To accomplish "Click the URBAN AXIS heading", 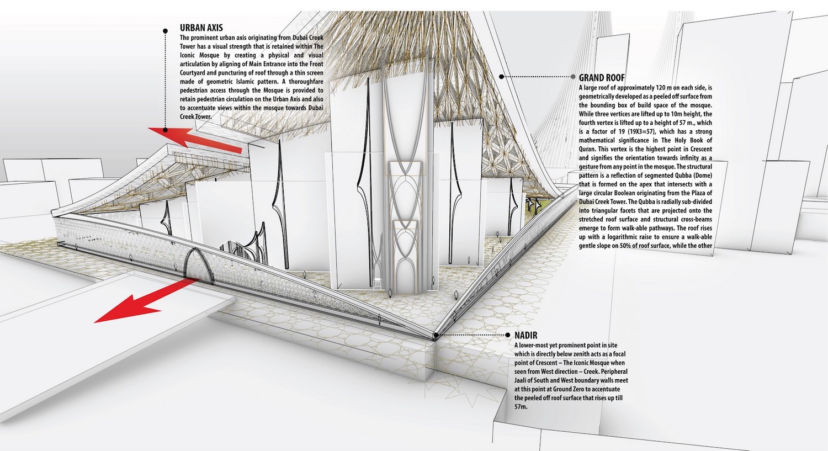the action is click(x=201, y=28).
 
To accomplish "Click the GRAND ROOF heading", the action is click(x=602, y=78).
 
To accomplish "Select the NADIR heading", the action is click(x=526, y=335).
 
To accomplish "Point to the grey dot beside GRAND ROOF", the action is click(x=573, y=77).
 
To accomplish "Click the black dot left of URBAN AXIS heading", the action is click(x=165, y=31).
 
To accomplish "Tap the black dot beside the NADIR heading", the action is click(x=508, y=335).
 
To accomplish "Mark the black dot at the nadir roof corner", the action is click(x=436, y=335).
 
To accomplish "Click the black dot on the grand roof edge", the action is click(x=501, y=77).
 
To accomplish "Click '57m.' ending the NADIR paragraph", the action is click(x=521, y=407).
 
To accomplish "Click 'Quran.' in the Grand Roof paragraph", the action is click(x=588, y=150).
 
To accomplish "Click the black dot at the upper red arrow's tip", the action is click(x=165, y=130).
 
